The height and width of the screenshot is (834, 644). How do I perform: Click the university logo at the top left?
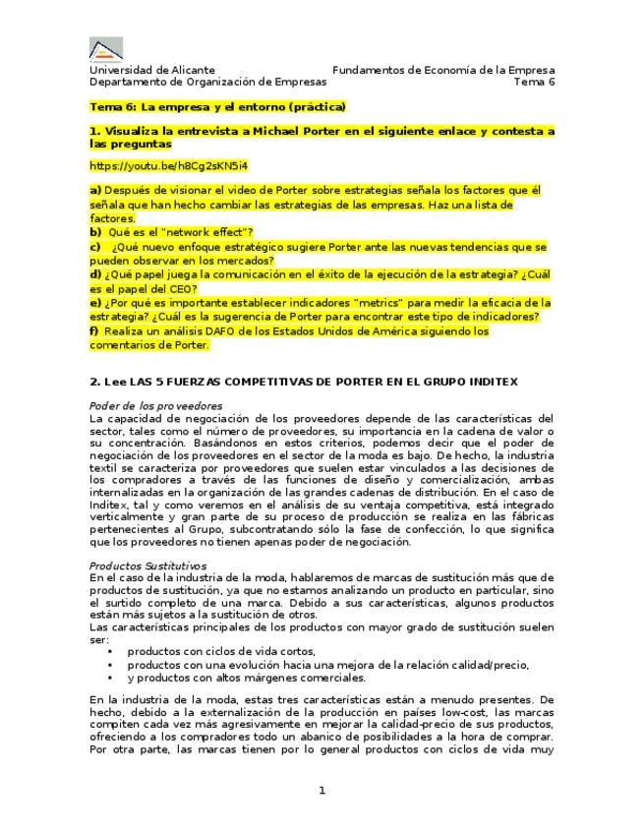coord(106,49)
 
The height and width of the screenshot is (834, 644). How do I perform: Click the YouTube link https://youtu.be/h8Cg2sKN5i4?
coord(168,165)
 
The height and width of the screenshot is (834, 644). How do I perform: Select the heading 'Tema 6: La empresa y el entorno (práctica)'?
coord(217,107)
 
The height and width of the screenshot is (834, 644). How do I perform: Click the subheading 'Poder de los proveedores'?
coord(155,406)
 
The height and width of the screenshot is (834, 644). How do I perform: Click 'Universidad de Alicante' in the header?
coord(151,71)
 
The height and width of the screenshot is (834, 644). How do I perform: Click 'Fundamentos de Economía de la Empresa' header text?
coord(443,71)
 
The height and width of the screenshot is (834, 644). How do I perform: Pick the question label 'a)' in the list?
coord(95,190)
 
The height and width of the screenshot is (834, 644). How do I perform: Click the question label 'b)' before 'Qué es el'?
coord(95,232)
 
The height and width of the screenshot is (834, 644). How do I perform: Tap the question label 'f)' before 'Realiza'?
coord(94,331)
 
